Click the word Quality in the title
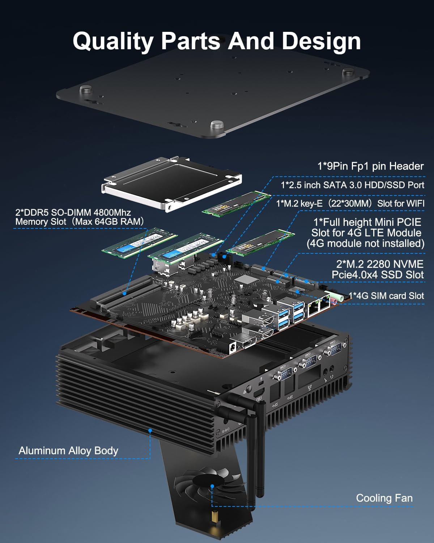pyautogui.click(x=113, y=41)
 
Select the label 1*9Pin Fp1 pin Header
pyautogui.click(x=370, y=166)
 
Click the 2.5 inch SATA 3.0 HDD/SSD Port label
pyautogui.click(x=352, y=185)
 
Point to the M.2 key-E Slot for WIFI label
pyautogui.click(x=350, y=203)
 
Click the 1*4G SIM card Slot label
pyautogui.click(x=386, y=296)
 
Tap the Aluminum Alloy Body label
pyautogui.click(x=68, y=451)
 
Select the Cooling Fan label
pyautogui.click(x=384, y=498)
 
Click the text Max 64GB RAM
pyautogui.click(x=109, y=222)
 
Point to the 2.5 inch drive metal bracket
pyautogui.click(x=172, y=183)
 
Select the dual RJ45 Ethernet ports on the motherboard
pyautogui.click(x=318, y=307)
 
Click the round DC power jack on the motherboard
pyautogui.click(x=231, y=348)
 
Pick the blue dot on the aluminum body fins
pyautogui.click(x=150, y=430)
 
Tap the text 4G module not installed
pyautogui.click(x=365, y=243)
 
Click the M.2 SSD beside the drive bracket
pyautogui.click(x=236, y=204)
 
